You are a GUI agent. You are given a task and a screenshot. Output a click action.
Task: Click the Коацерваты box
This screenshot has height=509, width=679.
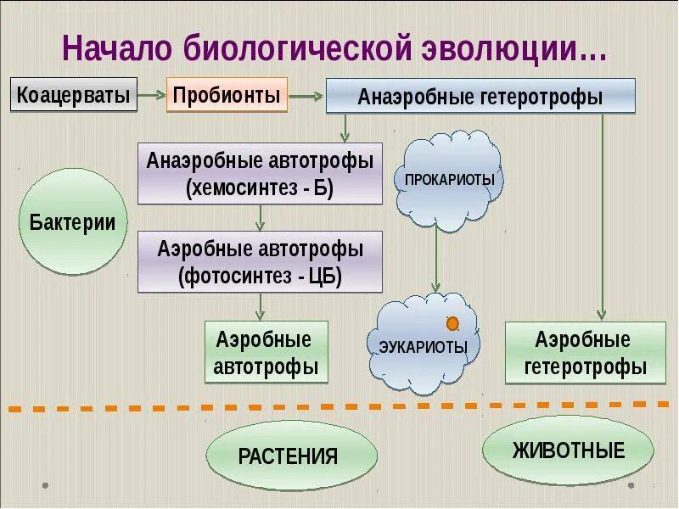tap(75, 94)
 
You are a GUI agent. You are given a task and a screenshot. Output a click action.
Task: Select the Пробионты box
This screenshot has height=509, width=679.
tap(227, 93)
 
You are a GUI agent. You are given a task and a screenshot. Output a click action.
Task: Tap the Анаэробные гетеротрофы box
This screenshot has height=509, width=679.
tap(480, 96)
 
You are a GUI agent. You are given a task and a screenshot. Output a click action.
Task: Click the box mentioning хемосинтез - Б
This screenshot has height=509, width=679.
tap(261, 174)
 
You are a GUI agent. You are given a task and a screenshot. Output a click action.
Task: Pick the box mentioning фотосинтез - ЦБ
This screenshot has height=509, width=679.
tap(261, 262)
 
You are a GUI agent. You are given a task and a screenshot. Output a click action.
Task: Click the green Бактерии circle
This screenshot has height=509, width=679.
tap(73, 222)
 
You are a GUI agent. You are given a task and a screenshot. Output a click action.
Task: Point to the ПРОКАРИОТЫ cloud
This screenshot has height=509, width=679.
tap(450, 180)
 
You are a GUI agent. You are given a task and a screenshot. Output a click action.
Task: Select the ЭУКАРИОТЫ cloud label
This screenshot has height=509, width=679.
tap(424, 347)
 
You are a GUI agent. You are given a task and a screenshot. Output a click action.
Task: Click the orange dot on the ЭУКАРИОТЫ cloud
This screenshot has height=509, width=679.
tap(452, 323)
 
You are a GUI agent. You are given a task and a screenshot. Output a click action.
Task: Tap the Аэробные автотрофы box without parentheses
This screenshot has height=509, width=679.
tap(266, 352)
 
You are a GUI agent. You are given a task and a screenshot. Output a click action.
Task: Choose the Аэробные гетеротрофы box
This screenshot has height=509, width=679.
tap(585, 353)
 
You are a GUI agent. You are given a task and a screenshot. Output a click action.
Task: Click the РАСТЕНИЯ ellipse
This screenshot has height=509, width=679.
tap(289, 456)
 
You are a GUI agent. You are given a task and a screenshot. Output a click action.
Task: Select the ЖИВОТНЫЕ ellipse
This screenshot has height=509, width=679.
tap(568, 450)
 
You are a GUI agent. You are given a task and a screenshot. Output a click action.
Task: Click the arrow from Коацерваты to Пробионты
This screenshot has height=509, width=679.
tap(152, 95)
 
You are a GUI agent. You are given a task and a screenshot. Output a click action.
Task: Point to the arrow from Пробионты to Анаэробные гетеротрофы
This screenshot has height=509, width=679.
tap(306, 96)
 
